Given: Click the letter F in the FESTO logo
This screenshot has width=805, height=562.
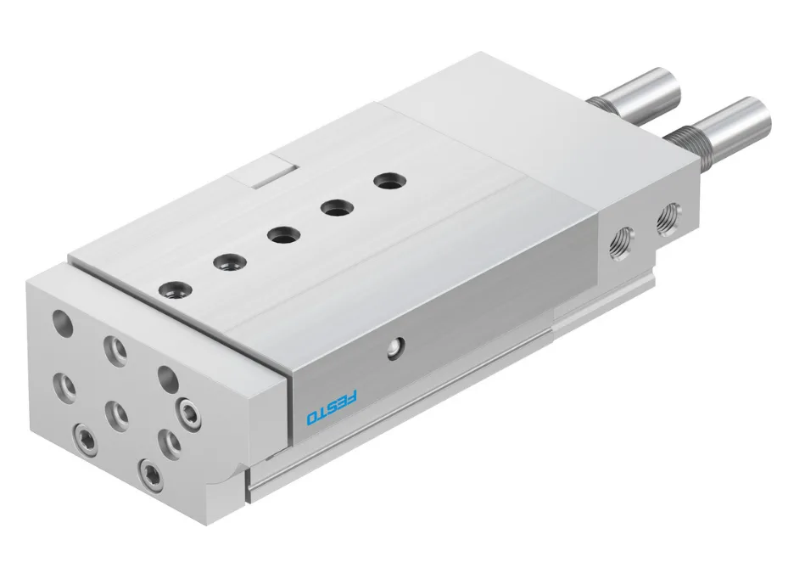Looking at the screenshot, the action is point(352,396).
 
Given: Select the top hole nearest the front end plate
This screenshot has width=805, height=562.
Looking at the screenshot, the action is point(176,290).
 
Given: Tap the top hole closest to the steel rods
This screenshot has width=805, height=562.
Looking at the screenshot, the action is point(389,182).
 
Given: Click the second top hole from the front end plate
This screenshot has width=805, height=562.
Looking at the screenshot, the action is point(230,263).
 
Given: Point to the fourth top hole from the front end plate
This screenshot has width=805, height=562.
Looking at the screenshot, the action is point(337,208).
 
